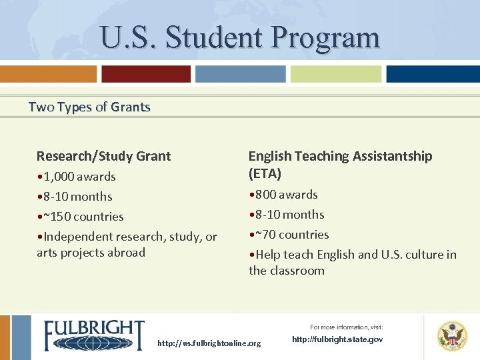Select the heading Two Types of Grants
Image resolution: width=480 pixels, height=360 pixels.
[89, 107]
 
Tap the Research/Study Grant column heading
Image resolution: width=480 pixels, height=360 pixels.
[103, 156]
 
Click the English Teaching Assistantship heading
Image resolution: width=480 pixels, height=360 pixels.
[340, 156]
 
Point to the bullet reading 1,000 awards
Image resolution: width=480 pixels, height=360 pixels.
[77, 177]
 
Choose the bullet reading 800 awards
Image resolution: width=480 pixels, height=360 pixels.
[283, 195]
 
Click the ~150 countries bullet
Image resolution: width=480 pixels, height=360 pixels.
[81, 217]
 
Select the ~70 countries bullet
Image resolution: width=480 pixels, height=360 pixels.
[289, 235]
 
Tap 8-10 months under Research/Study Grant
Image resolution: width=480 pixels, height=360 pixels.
[75, 197]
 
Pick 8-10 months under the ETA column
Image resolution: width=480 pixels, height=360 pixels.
[287, 215]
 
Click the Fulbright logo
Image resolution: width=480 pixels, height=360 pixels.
[94, 335]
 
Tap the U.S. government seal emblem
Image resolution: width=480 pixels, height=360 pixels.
[452, 336]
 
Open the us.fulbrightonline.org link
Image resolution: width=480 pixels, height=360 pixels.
[209, 343]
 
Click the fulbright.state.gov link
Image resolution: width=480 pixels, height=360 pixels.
[337, 339]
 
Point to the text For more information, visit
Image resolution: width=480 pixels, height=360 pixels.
[346, 327]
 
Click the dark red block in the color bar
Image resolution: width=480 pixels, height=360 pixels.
[146, 74]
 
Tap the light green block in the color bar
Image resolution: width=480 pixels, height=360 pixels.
[336, 74]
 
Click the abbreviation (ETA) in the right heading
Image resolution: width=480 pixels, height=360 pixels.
[265, 174]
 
